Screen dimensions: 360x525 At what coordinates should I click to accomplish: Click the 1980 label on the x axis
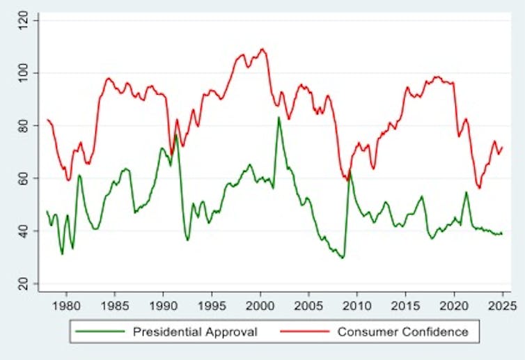[66, 304]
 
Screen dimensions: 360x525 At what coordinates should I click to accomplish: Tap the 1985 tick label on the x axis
[115, 304]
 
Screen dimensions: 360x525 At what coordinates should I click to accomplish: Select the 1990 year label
[163, 304]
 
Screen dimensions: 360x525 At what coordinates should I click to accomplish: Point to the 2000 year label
[260, 304]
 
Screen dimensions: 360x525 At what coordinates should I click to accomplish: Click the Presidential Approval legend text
[195, 332]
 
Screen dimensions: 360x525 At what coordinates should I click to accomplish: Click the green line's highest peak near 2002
[279, 117]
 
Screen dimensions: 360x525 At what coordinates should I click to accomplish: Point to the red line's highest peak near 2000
[262, 49]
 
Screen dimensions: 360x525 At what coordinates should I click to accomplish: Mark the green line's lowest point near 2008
[342, 258]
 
